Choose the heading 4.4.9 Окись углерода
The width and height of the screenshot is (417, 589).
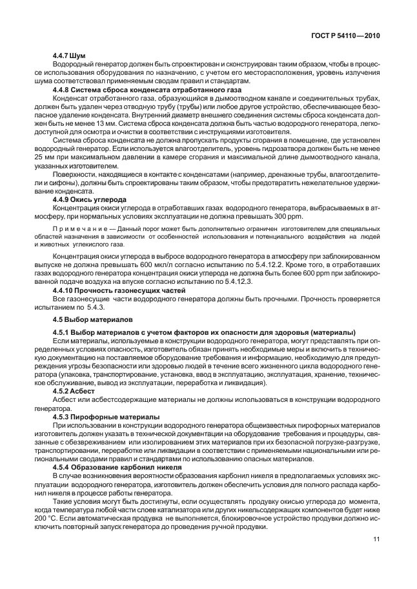90,200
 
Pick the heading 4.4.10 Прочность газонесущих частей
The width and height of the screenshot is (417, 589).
114,291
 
